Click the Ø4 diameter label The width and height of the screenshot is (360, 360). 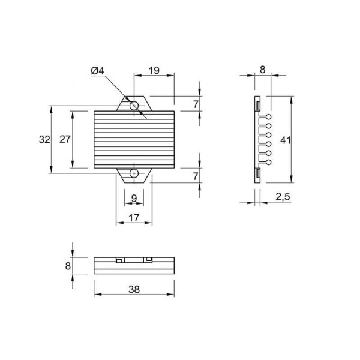(x=98, y=71)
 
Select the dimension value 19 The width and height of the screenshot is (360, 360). (x=154, y=70)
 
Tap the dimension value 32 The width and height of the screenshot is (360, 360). (x=44, y=139)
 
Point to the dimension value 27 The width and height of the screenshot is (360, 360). (x=65, y=139)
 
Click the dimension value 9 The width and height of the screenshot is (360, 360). (x=134, y=198)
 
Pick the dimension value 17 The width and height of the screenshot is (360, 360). (x=134, y=218)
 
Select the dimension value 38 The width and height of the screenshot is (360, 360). (x=134, y=290)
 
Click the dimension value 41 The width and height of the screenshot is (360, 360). (x=286, y=140)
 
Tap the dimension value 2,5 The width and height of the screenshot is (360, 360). (x=283, y=197)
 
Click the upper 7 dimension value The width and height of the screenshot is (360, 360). (x=196, y=104)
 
